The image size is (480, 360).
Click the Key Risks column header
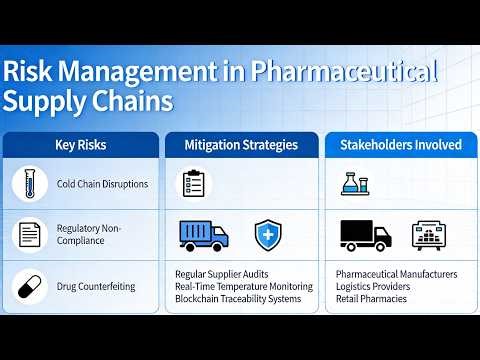click(x=80, y=145)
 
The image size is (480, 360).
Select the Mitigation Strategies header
click(x=241, y=145)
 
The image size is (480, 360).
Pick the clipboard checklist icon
click(x=193, y=183)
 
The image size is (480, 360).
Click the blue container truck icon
click(x=204, y=235)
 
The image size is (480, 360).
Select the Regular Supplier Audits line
click(x=221, y=274)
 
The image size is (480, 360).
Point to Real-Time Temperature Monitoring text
click(x=243, y=287)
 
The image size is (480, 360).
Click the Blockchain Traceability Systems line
click(x=238, y=299)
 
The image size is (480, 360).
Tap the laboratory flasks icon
click(x=356, y=183)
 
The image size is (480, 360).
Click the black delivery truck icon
click(x=365, y=235)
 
